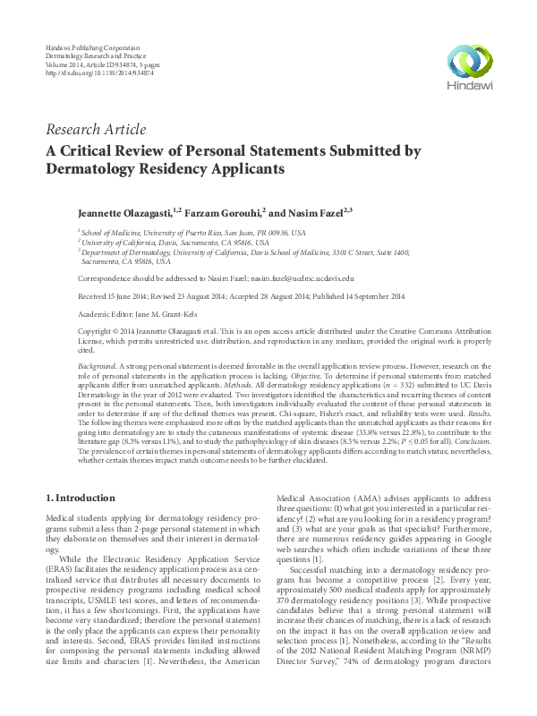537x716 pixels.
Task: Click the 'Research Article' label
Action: pyautogui.click(x=95, y=131)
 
